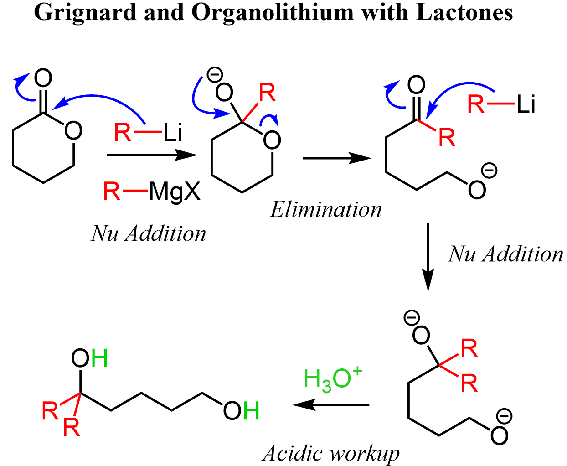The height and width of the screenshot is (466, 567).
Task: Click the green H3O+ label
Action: point(332,379)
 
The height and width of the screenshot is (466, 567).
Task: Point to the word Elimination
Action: point(326,210)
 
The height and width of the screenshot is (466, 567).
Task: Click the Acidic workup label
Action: point(331,453)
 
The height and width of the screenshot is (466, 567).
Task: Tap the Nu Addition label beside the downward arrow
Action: point(505,254)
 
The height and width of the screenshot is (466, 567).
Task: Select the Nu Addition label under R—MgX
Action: point(149,233)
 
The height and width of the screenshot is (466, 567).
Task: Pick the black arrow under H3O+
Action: point(330,404)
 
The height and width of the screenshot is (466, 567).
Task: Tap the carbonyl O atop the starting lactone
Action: point(43,79)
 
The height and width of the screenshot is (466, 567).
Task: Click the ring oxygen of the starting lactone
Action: point(73,131)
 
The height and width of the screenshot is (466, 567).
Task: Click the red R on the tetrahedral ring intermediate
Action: point(267,93)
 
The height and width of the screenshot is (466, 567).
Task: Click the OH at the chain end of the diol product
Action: point(241,411)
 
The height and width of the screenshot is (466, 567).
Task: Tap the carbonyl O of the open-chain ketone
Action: point(416,85)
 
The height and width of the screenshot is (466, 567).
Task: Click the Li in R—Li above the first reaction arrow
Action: point(173,133)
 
